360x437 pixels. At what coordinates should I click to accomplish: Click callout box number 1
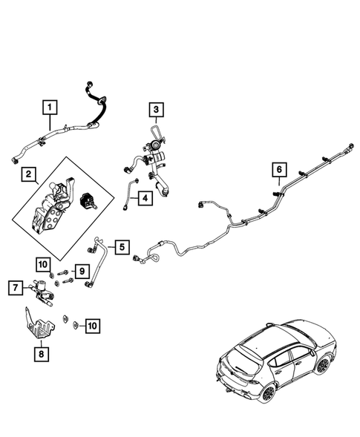tap(50, 108)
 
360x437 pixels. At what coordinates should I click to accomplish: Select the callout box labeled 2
tap(28, 174)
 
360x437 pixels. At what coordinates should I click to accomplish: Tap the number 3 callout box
tap(156, 110)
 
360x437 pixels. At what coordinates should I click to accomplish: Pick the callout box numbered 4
tap(145, 198)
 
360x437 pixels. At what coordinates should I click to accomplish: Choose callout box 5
tap(122, 247)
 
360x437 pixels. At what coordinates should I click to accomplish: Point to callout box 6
tap(279, 169)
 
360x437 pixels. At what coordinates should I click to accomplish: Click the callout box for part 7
tap(16, 288)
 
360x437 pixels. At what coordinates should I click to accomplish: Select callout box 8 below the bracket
tap(42, 354)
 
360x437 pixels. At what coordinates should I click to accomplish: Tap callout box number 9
tap(82, 271)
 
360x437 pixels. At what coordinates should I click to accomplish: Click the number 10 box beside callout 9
tap(43, 264)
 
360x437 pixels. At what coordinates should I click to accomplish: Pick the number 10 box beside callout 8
tap(92, 326)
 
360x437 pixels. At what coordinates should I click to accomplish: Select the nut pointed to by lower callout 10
tap(75, 325)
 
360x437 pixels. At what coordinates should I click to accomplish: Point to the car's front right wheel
tap(323, 365)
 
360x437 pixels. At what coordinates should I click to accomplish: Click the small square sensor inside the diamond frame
tap(88, 201)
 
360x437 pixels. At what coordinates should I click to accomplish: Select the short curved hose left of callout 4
tap(130, 194)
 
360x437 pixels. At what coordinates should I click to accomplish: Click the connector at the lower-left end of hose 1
tap(16, 160)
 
